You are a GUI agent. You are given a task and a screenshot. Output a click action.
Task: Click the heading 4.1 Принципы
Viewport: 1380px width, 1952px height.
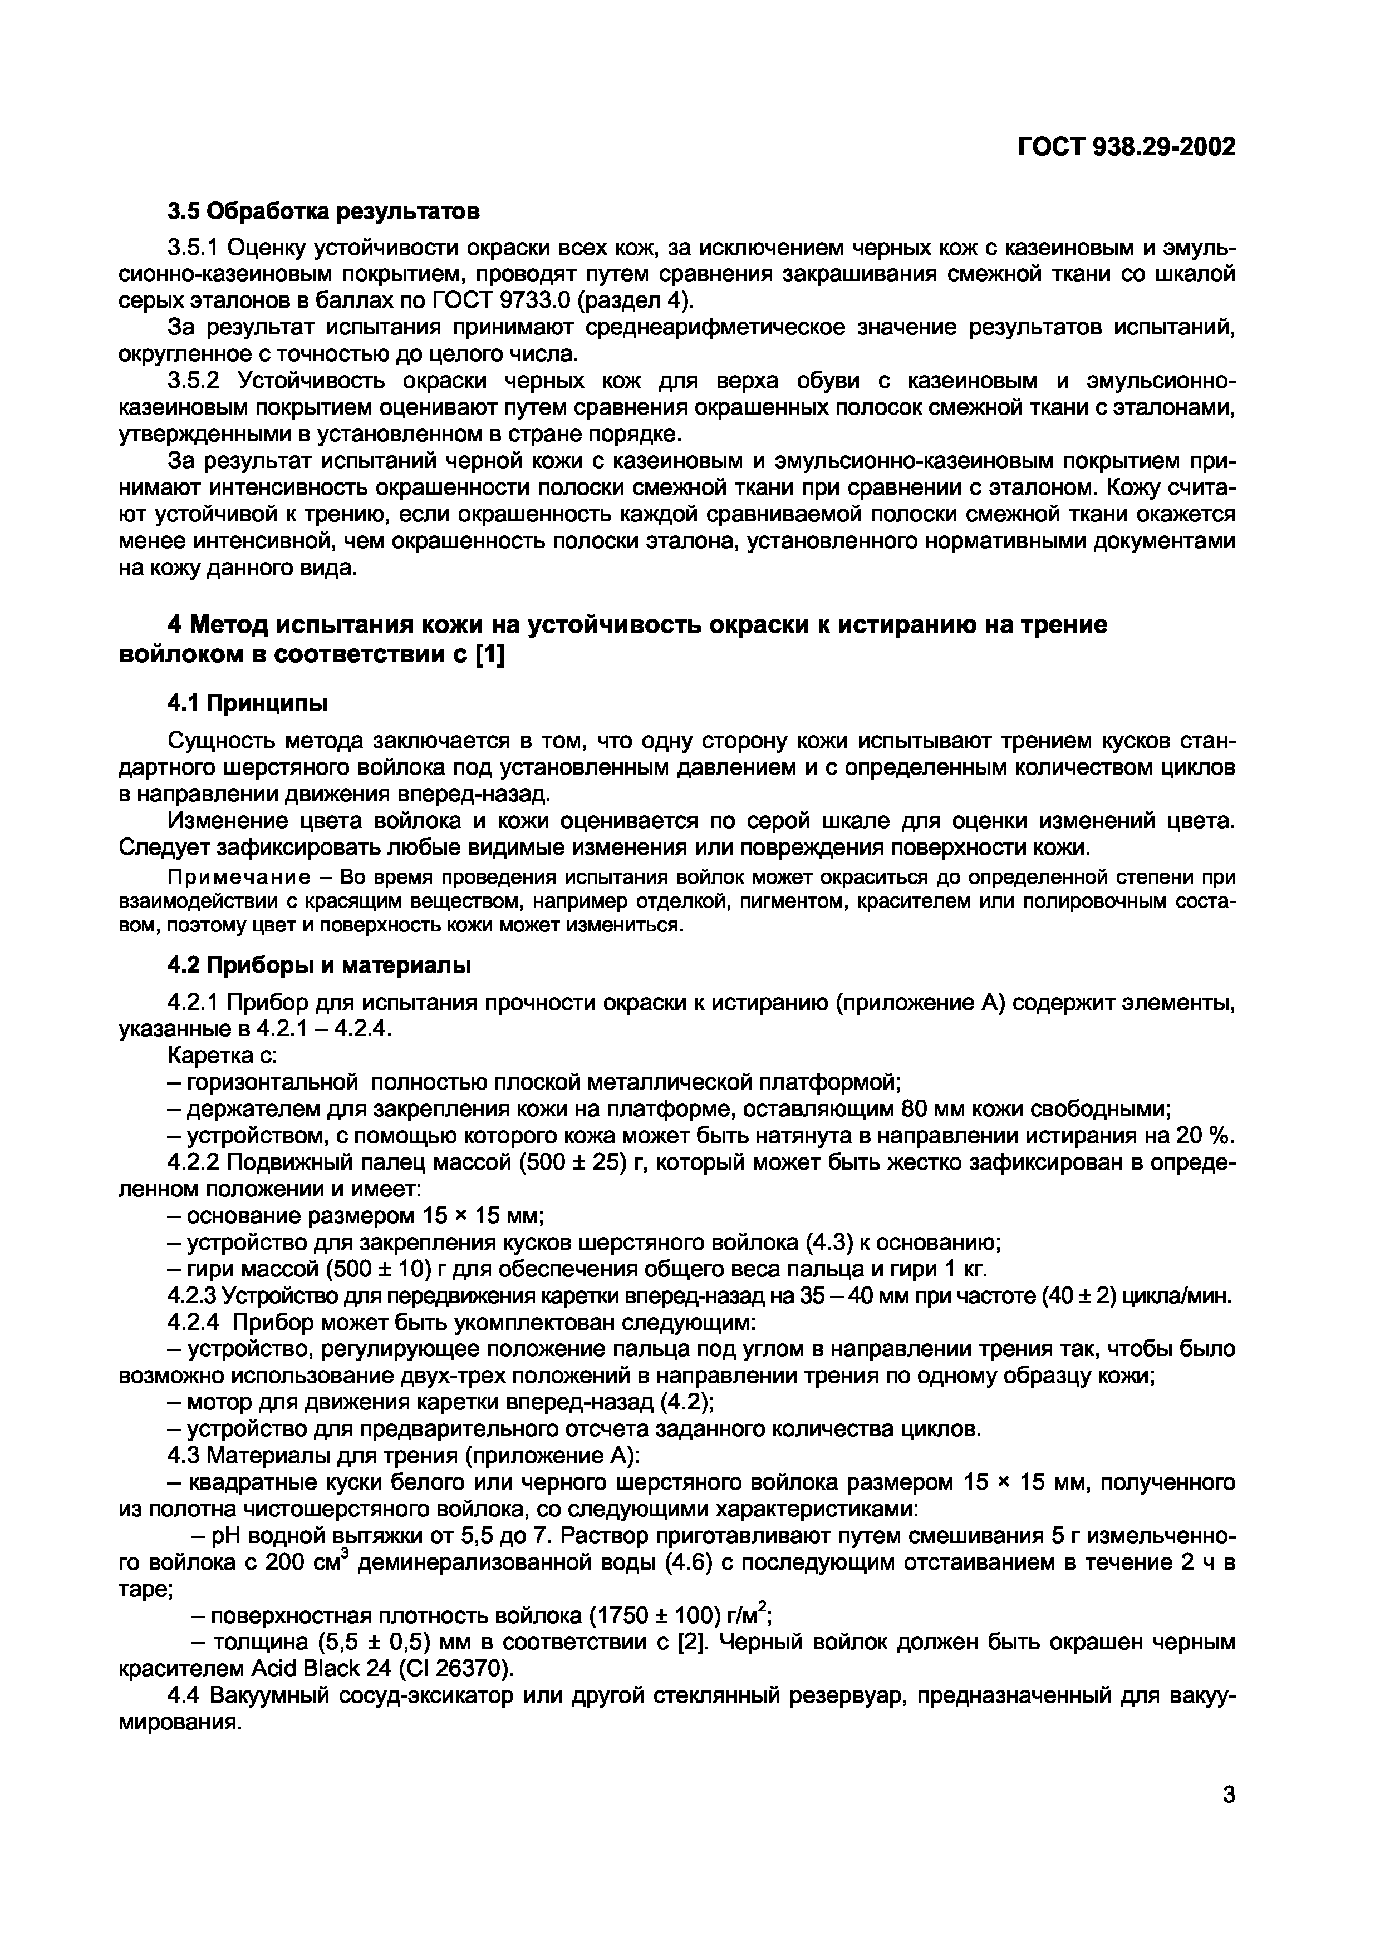(247, 703)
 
